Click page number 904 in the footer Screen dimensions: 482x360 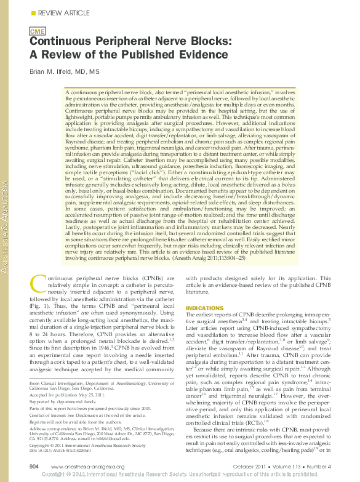(x=35, y=467)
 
